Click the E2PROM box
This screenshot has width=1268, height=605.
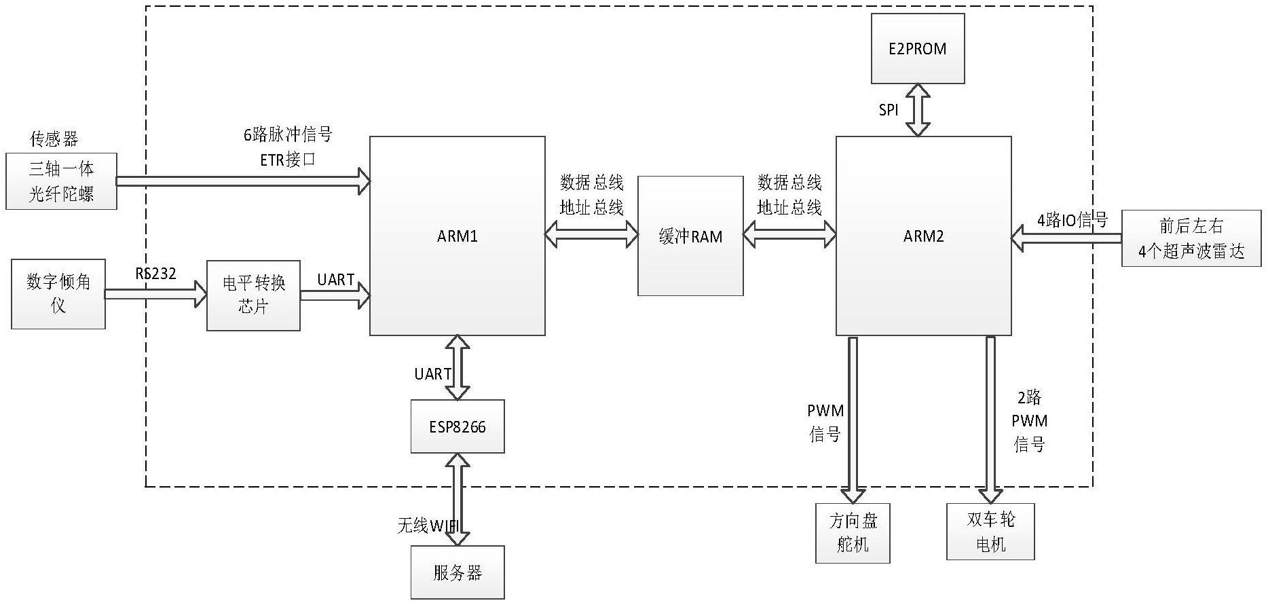[918, 49]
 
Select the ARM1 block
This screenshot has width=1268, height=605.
[457, 236]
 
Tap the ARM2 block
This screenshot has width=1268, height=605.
[923, 236]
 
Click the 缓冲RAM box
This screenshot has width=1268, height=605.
[690, 236]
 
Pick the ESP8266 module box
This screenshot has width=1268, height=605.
[457, 426]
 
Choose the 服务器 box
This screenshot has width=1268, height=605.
[457, 572]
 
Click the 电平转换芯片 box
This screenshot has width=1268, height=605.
[253, 295]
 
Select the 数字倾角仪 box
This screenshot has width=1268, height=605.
[58, 293]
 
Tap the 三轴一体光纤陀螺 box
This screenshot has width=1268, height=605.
[61, 181]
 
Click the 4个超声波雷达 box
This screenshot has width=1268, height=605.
[1191, 238]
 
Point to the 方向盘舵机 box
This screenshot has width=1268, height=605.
[853, 533]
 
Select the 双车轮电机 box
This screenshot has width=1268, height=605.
[990, 532]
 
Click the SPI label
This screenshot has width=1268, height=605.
[888, 110]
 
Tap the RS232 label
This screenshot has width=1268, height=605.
[155, 274]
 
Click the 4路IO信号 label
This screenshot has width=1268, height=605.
[1072, 220]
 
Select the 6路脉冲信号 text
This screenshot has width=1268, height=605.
[288, 134]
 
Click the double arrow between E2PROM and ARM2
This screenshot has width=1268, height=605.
[918, 110]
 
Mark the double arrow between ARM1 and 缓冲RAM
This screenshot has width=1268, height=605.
[591, 236]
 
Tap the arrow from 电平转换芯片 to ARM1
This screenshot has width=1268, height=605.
[335, 295]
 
